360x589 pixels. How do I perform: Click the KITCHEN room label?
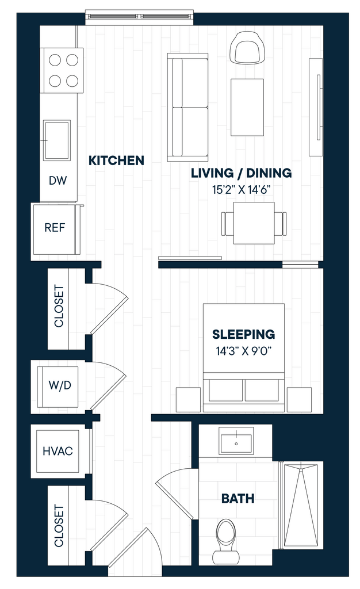tap(116, 160)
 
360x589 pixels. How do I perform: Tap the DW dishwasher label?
tap(58, 181)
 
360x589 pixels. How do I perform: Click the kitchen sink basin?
tap(57, 140)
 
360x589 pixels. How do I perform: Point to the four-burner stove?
tap(62, 70)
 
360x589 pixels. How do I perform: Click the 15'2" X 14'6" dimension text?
tap(242, 190)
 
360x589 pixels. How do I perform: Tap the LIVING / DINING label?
tap(242, 173)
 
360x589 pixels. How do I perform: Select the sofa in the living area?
tap(187, 108)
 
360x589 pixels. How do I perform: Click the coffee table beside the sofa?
tap(247, 108)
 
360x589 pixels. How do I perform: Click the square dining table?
tap(254, 223)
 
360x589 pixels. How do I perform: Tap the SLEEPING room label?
tap(243, 334)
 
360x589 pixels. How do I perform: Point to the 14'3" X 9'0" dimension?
tap(243, 351)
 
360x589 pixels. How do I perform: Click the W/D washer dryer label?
tap(60, 385)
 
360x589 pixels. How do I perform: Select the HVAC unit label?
tap(58, 451)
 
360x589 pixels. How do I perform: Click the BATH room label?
tap(238, 499)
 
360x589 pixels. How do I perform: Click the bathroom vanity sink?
tap(236, 443)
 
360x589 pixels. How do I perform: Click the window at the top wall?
tap(139, 17)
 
